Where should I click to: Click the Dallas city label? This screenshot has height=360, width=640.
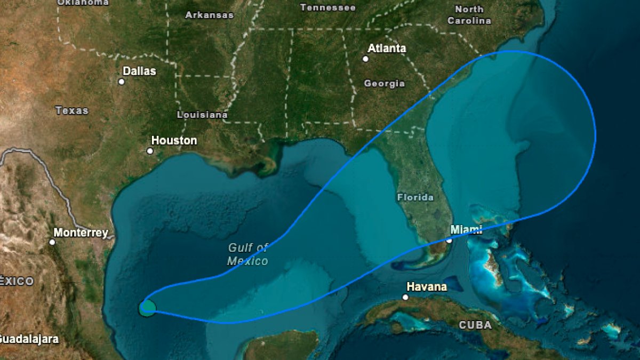pyautogui.click(x=139, y=71)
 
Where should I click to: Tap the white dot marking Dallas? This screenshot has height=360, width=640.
pyautogui.click(x=122, y=82)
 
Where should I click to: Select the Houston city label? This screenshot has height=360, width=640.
pyautogui.click(x=174, y=141)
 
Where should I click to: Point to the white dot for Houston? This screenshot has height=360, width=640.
pyautogui.click(x=150, y=151)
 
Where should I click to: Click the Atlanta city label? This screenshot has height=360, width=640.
pyautogui.click(x=387, y=49)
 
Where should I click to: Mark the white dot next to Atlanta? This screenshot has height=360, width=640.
pyautogui.click(x=365, y=59)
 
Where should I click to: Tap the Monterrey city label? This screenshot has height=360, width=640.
pyautogui.click(x=81, y=233)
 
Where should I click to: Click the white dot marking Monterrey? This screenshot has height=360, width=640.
pyautogui.click(x=52, y=242)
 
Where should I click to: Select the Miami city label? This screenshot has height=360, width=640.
pyautogui.click(x=466, y=230)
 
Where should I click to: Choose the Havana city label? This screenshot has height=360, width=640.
pyautogui.click(x=427, y=287)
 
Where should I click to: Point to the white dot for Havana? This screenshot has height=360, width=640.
pyautogui.click(x=405, y=297)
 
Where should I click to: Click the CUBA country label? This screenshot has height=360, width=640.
pyautogui.click(x=475, y=325)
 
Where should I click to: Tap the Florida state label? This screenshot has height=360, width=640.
pyautogui.click(x=415, y=197)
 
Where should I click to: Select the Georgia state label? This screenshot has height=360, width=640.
pyautogui.click(x=384, y=84)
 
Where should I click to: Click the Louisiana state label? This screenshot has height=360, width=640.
pyautogui.click(x=202, y=115)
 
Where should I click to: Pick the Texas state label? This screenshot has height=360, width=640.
pyautogui.click(x=71, y=111)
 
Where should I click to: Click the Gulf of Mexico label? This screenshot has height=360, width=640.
pyautogui.click(x=248, y=254)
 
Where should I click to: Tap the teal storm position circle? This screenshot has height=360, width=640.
pyautogui.click(x=147, y=308)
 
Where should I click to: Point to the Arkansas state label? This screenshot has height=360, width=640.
pyautogui.click(x=209, y=15)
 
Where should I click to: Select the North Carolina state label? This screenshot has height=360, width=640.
pyautogui.click(x=469, y=15)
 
